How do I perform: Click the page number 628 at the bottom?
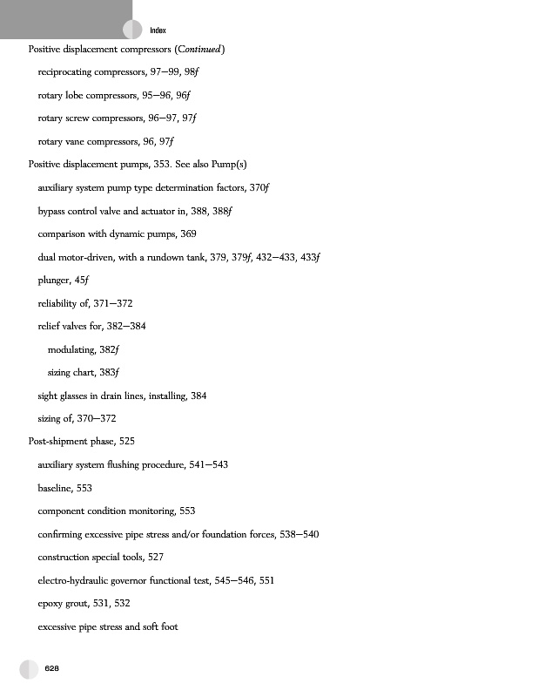tap(52, 667)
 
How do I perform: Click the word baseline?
tap(55, 488)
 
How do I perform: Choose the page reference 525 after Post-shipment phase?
tap(126, 442)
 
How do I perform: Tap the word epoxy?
tap(52, 603)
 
